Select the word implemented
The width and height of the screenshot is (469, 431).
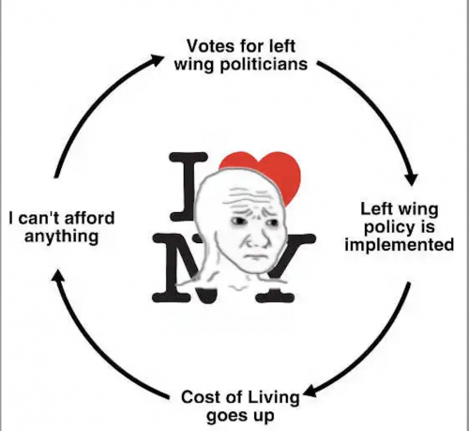400,245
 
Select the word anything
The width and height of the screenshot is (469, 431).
62,237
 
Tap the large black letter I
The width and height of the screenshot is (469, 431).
189,186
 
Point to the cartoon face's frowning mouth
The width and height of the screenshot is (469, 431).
254,256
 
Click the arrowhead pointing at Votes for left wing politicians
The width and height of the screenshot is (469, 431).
157,59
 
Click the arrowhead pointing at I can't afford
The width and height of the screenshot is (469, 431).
56,276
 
